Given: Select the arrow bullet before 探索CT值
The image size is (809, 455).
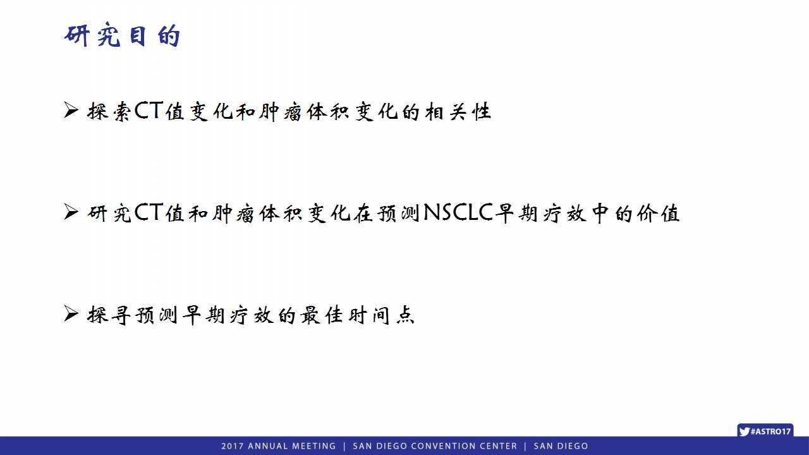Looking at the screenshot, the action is pyautogui.click(x=71, y=110).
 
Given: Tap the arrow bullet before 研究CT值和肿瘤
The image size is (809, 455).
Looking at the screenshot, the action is pyautogui.click(x=71, y=212).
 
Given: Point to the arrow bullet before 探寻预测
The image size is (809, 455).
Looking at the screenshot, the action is pyautogui.click(x=71, y=313).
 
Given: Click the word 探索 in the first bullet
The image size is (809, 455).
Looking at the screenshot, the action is pyautogui.click(x=109, y=111).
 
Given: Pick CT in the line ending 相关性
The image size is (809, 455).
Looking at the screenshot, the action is pyautogui.click(x=149, y=110).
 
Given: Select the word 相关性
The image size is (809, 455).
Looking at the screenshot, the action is pyautogui.click(x=458, y=111).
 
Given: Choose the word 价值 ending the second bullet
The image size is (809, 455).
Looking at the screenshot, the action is pyautogui.click(x=658, y=213).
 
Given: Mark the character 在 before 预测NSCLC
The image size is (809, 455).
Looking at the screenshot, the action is pyautogui.click(x=363, y=213).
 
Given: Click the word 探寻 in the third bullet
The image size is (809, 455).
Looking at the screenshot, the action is pyautogui.click(x=109, y=315).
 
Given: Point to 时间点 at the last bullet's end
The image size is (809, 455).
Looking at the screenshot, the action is pyautogui.click(x=381, y=315).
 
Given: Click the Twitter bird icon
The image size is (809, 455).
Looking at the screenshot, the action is pyautogui.click(x=745, y=431).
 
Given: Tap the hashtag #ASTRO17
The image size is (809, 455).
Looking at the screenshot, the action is pyautogui.click(x=770, y=431).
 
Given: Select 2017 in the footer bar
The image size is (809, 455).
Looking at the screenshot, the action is pyautogui.click(x=232, y=446).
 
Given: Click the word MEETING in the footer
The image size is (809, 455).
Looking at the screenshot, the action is pyautogui.click(x=314, y=446).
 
